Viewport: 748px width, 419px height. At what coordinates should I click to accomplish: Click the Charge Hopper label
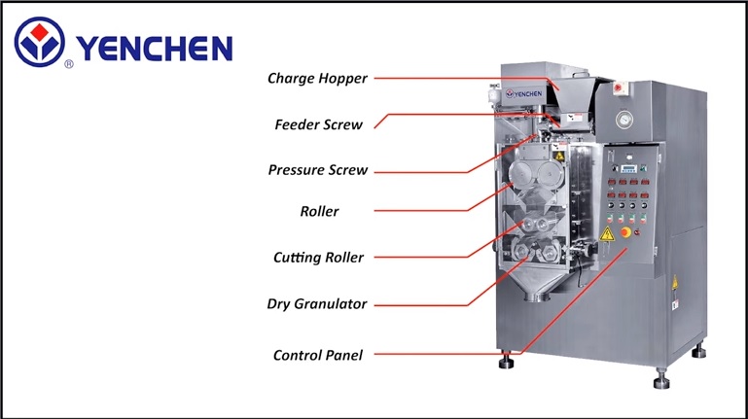coord(317,78)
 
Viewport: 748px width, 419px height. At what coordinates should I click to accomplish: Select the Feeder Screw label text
coord(319,124)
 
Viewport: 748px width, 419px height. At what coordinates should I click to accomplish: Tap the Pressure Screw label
coord(318,170)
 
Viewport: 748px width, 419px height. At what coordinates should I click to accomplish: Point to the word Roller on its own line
coord(319,211)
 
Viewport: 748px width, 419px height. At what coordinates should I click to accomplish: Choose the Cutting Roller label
coord(318,258)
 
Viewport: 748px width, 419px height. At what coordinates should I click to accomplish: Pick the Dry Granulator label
coord(317,303)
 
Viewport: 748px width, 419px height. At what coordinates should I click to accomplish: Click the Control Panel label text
coord(318,355)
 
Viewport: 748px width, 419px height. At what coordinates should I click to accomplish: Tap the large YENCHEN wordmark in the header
coord(154,49)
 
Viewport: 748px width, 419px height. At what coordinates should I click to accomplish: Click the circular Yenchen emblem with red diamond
coord(39,42)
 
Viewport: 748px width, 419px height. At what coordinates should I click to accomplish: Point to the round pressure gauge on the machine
coord(623,120)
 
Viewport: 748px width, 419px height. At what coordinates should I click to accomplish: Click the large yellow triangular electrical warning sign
coord(607,234)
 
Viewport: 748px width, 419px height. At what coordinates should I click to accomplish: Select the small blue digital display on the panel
coord(628,169)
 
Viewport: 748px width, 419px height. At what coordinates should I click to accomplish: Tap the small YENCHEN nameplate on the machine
coord(523,94)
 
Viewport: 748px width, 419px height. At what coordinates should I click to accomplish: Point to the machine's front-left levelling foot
coord(506,361)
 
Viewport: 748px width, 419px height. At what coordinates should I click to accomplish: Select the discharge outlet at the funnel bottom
coord(537,297)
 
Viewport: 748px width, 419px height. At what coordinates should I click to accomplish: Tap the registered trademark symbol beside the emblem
coord(69,64)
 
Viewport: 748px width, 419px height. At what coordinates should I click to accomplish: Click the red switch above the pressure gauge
coord(620,88)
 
